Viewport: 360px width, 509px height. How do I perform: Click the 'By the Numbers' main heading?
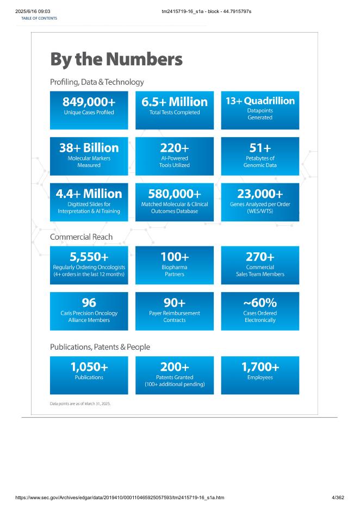(116, 59)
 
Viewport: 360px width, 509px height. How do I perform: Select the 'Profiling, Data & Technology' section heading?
(97, 82)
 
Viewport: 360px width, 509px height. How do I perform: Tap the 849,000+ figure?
(89, 102)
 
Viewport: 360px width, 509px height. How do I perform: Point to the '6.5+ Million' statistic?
(175, 102)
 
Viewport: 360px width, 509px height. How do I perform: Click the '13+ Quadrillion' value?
(260, 101)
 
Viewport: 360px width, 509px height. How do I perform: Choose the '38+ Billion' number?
(89, 148)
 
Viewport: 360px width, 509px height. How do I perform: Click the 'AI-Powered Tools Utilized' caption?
(175, 162)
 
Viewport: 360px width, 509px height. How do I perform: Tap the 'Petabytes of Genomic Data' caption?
(260, 162)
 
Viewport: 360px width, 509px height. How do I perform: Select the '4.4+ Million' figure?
(89, 194)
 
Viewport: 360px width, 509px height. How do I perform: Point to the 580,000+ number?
(175, 194)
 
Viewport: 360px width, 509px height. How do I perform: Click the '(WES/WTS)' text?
(260, 211)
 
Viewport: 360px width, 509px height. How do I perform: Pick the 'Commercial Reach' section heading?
(81, 237)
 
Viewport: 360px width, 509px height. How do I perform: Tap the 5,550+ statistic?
(89, 257)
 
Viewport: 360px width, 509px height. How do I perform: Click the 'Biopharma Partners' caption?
(175, 271)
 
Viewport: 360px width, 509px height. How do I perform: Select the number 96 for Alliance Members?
(89, 303)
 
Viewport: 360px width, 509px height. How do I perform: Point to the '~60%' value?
(260, 303)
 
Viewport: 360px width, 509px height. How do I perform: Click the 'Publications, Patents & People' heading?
(100, 347)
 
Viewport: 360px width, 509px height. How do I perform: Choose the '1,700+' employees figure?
(260, 367)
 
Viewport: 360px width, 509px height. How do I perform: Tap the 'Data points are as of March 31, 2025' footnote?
(80, 404)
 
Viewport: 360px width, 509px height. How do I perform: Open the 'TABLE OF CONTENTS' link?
(39, 18)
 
